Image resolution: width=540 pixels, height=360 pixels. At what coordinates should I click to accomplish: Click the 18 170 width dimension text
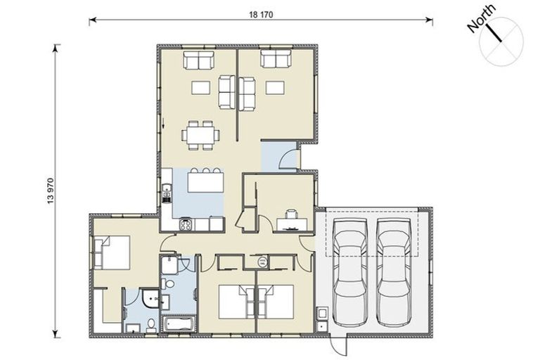pos(259,13)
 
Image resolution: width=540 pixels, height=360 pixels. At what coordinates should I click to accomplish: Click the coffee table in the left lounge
pos(201,88)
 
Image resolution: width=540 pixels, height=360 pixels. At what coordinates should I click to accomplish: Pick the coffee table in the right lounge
pos(275,88)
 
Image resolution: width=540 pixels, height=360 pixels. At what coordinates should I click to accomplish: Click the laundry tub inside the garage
pos(321,313)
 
